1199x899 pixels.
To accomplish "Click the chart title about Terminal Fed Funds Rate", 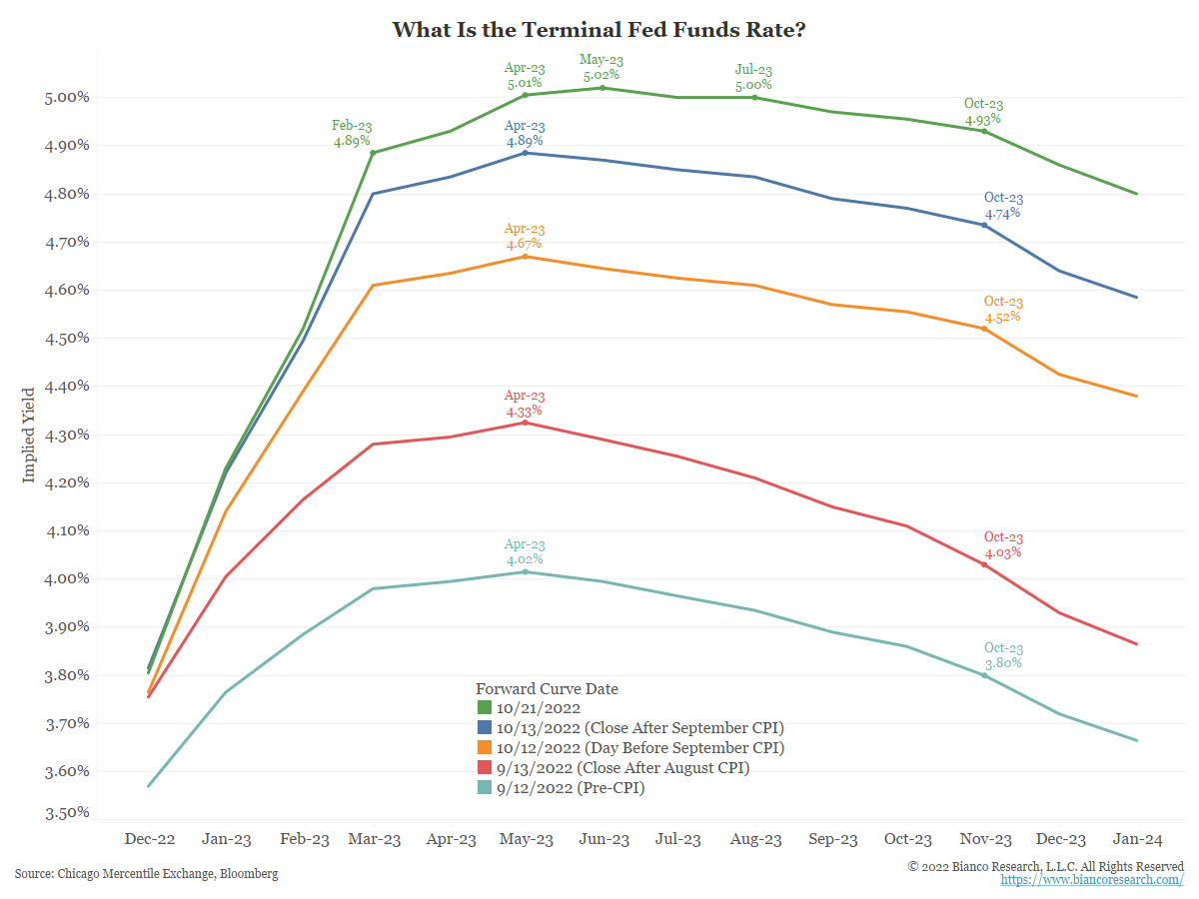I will (599, 29).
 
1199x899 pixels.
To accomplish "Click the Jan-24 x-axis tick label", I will (1137, 840).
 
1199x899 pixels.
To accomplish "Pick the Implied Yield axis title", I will (28, 435).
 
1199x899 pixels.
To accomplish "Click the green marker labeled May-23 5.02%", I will (602, 88).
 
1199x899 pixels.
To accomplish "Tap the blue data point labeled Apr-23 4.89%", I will (525, 153).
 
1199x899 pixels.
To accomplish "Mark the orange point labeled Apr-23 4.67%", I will (525, 257).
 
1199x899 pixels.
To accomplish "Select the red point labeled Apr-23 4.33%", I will (525, 423).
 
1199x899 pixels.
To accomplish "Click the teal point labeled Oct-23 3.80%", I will (984, 675).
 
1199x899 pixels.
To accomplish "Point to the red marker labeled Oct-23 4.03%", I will (984, 564).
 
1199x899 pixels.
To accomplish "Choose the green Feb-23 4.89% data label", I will (352, 134).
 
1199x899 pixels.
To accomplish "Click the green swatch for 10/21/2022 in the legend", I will (485, 708).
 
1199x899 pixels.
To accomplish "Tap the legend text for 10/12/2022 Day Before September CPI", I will (640, 748).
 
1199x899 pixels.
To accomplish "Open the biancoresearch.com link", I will (1092, 880).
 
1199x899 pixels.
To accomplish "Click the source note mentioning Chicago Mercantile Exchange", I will (146, 874).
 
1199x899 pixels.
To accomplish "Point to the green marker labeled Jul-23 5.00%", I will (754, 98).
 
